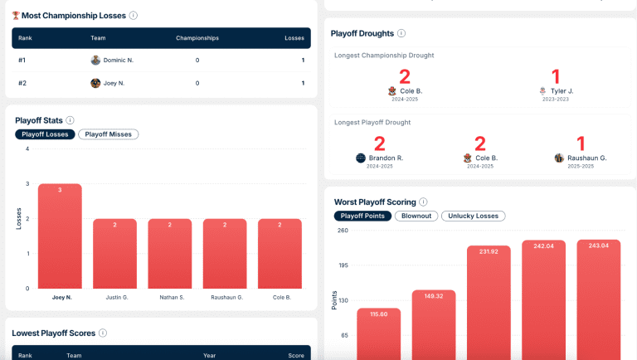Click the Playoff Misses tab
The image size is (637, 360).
pos(109,134)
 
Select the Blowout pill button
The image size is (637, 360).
pos(416,216)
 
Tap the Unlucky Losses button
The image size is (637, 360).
pos(474,216)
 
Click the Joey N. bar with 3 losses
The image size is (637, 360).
pos(60,236)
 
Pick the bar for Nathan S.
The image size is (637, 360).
pos(170,254)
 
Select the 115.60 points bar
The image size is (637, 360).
pos(378,334)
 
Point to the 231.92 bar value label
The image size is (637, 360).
pos(489,252)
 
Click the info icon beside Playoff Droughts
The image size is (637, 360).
pos(401,33)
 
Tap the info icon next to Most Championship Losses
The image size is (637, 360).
pos(134,16)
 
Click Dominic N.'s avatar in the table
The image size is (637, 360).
pos(95,60)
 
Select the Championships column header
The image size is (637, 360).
pos(197,38)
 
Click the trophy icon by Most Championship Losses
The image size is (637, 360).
pos(16,16)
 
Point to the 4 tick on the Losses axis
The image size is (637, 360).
pos(27,148)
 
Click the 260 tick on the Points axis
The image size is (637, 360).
pos(343,231)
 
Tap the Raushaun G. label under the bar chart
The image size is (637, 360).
pos(226,298)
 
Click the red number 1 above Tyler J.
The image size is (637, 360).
pos(556,76)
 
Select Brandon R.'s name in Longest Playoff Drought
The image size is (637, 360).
pos(386,158)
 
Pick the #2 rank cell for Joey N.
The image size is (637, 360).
pos(22,83)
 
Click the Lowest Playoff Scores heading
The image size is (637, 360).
pos(54,333)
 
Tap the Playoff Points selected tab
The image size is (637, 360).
pos(362,216)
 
